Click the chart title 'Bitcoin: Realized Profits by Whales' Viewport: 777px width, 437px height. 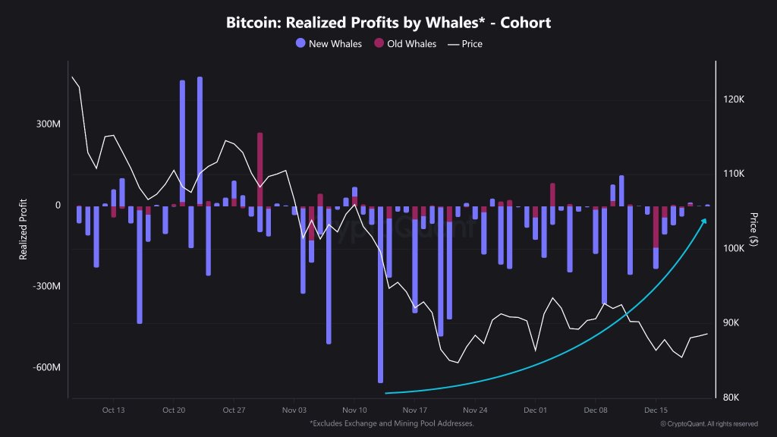pyautogui.click(x=388, y=23)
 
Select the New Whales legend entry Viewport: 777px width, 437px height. pyautogui.click(x=329, y=43)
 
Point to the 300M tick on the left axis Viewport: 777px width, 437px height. pyautogui.click(x=48, y=124)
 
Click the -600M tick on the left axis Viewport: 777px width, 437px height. pyautogui.click(x=46, y=368)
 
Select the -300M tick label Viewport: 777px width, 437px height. pyautogui.click(x=46, y=287)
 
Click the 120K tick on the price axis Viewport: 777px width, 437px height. pyautogui.click(x=737, y=100)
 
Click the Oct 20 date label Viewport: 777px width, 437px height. pyautogui.click(x=174, y=408)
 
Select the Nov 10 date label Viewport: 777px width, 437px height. pyautogui.click(x=354, y=408)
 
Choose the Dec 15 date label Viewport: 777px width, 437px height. pyautogui.click(x=656, y=408)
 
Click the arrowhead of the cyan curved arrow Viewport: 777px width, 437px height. pyautogui.click(x=704, y=221)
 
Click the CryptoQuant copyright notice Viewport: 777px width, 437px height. pyautogui.click(x=708, y=423)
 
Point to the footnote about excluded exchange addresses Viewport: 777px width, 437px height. pyautogui.click(x=392, y=423)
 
